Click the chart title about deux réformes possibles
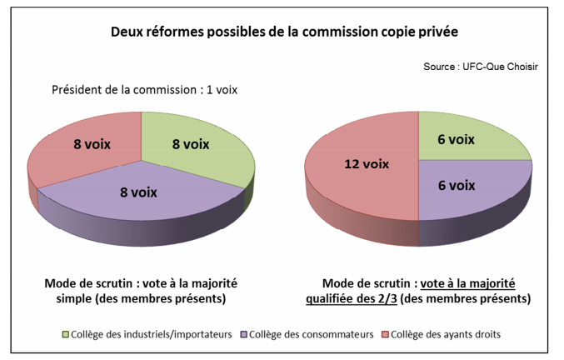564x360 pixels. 283,32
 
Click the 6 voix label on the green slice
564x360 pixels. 456,140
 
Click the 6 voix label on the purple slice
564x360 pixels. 456,185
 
